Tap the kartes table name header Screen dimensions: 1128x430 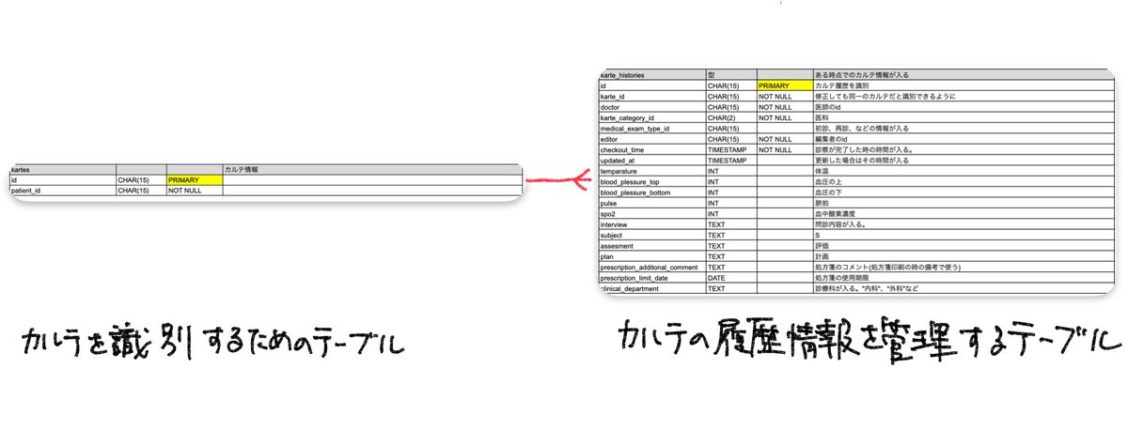tap(22, 169)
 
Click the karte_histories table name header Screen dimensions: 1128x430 tap(627, 75)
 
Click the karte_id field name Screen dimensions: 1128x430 tap(616, 96)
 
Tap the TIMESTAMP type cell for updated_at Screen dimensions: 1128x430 tap(730, 161)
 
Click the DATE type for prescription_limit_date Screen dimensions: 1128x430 tap(719, 278)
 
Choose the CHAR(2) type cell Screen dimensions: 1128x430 tap(724, 117)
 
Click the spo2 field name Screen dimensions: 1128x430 tap(609, 214)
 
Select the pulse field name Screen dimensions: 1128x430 tap(609, 203)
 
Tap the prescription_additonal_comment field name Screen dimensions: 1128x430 tap(650, 268)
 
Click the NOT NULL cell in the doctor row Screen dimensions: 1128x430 tap(776, 107)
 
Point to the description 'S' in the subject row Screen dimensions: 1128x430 tap(818, 236)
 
